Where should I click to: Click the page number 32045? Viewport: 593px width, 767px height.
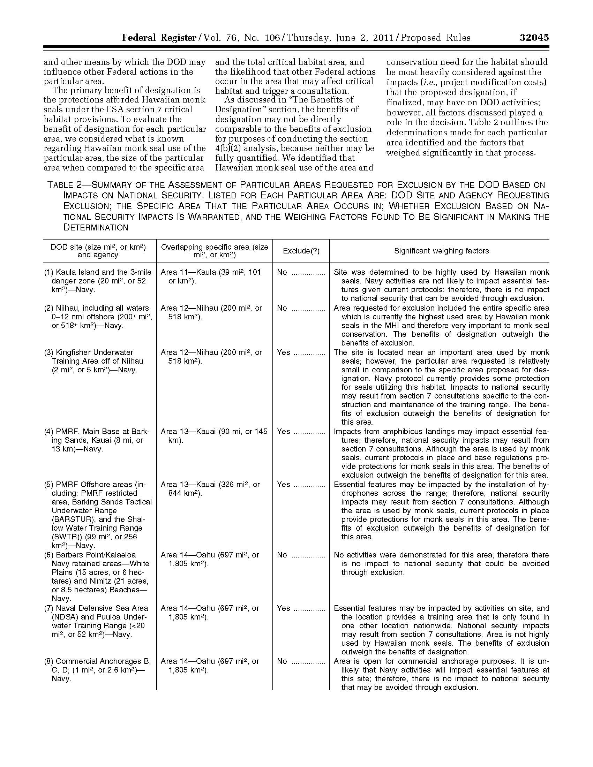[x=534, y=38]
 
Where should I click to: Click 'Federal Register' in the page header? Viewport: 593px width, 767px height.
[x=159, y=38]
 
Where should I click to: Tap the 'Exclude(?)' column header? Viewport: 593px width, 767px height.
[x=301, y=251]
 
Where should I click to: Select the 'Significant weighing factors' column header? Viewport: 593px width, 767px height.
[x=441, y=251]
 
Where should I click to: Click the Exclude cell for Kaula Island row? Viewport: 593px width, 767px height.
[x=282, y=272]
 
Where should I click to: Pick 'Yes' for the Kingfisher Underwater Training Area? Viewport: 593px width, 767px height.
[x=284, y=352]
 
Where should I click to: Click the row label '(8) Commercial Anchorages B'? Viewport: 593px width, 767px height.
[x=97, y=661]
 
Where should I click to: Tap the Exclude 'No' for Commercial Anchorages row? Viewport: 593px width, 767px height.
[x=282, y=661]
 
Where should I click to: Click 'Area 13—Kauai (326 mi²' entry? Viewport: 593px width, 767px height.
[x=210, y=485]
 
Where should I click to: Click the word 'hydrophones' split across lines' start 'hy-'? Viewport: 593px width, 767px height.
[x=543, y=485]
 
